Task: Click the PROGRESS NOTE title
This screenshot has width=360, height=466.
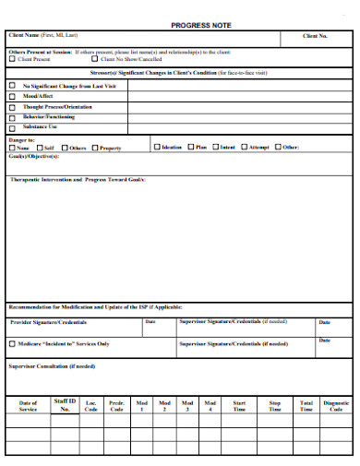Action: pyautogui.click(x=201, y=25)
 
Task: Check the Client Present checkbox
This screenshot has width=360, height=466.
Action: pyautogui.click(x=12, y=59)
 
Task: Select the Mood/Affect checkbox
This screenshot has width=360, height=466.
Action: pyautogui.click(x=12, y=96)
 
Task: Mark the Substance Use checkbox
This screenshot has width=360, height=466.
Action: pyautogui.click(x=12, y=129)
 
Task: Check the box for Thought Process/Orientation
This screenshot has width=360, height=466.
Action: pyautogui.click(x=12, y=107)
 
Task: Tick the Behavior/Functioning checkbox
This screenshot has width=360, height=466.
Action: pyautogui.click(x=12, y=118)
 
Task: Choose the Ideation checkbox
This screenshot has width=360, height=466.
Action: pyautogui.click(x=155, y=147)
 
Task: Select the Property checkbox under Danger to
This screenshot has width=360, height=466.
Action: pyautogui.click(x=93, y=148)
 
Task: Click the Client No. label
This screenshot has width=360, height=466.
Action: pyautogui.click(x=316, y=36)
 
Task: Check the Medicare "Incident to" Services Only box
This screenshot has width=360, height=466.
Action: pyautogui.click(x=12, y=343)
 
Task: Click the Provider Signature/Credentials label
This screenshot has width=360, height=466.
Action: pyautogui.click(x=48, y=323)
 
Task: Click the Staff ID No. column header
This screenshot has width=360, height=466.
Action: pyautogui.click(x=65, y=404)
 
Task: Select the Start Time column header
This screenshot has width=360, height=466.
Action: pyautogui.click(x=239, y=406)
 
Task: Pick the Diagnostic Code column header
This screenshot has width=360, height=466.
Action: pyautogui.click(x=336, y=406)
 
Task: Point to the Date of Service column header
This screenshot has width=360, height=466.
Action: pyautogui.click(x=28, y=406)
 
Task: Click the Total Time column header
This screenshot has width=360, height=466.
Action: pyautogui.click(x=306, y=406)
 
